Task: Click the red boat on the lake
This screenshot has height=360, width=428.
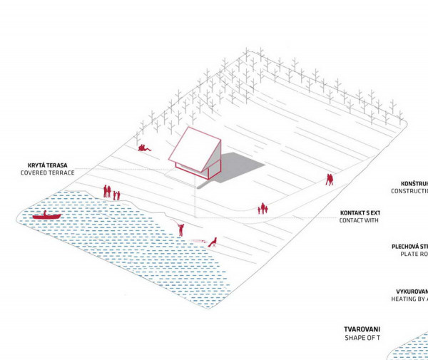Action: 46,216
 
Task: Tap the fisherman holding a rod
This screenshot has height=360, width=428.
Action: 181,228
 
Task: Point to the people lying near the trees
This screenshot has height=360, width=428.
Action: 145,148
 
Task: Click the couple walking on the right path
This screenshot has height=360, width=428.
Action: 330,180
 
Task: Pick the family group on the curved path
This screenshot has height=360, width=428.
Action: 263,208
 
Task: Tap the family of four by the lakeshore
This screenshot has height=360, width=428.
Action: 111,192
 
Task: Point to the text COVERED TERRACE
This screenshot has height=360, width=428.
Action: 47,173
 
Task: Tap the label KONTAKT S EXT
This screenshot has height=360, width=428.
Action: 360,212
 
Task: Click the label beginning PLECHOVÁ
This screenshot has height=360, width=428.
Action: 409,247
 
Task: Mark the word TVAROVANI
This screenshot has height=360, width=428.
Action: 363,329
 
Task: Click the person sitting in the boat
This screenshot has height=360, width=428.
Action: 44,213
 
